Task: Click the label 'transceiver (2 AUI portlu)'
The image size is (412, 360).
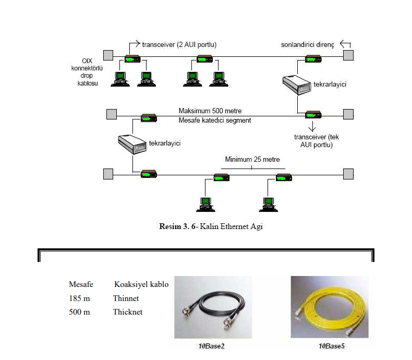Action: (x=179, y=45)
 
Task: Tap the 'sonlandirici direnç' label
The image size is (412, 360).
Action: (x=307, y=45)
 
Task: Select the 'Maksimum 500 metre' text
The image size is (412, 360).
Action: (x=210, y=111)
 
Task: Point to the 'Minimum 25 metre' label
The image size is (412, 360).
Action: (x=252, y=160)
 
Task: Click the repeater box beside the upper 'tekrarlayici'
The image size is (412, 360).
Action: (x=297, y=85)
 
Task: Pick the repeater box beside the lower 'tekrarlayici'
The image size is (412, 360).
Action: (x=132, y=144)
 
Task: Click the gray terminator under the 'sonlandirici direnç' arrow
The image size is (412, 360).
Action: (x=348, y=55)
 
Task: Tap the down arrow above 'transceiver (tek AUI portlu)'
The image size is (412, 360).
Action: (x=312, y=126)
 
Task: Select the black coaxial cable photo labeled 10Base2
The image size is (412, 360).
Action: (x=213, y=307)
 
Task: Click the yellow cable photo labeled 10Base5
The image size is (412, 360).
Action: (x=330, y=307)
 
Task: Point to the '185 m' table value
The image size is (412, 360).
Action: (x=79, y=298)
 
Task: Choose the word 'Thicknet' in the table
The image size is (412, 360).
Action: (x=128, y=312)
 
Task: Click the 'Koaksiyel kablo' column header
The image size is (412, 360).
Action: (x=141, y=284)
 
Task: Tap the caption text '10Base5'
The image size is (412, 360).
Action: (x=331, y=346)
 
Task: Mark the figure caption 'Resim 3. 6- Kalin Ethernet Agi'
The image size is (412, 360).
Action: (x=211, y=226)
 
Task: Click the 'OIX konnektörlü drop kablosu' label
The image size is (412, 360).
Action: (x=87, y=72)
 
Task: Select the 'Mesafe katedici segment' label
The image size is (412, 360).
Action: (x=215, y=121)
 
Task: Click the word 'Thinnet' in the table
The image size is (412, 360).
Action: (x=126, y=298)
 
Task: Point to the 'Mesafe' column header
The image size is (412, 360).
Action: (x=81, y=284)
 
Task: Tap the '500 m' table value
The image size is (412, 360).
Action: (x=79, y=312)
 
